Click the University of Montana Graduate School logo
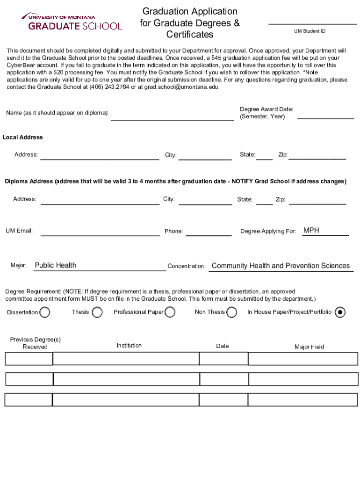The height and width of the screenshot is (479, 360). (72, 22)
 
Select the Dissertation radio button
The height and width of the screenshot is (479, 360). (45, 312)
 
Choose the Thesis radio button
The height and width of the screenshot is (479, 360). (97, 312)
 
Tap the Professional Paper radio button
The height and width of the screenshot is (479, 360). (170, 312)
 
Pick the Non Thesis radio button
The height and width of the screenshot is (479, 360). (231, 312)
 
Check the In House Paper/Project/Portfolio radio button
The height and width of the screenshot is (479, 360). (340, 312)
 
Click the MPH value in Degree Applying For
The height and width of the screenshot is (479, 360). (311, 230)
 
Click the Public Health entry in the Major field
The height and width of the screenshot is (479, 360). (56, 265)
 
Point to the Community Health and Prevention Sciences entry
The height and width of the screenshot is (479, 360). (281, 266)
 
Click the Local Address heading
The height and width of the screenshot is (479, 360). (23, 137)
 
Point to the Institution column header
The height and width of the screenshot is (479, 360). (129, 345)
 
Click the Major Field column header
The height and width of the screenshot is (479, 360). (309, 347)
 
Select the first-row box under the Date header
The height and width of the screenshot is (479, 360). (223, 359)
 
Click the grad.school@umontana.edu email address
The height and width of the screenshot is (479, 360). (181, 87)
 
